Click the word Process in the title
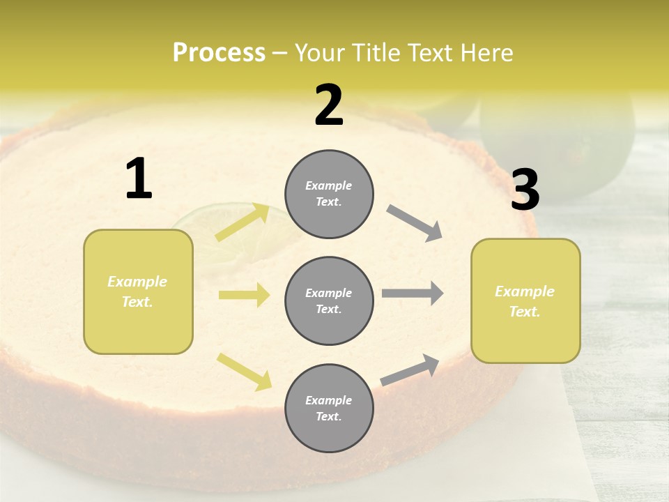tap(219, 53)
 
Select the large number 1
tap(139, 179)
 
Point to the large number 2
tap(329, 105)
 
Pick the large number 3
tap(525, 190)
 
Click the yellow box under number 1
tap(138, 291)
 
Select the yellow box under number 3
tap(525, 301)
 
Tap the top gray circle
tap(329, 194)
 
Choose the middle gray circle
tap(329, 301)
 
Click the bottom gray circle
tap(329, 408)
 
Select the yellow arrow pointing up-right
tap(243, 222)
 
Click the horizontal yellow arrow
tap(244, 295)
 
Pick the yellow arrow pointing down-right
tap(245, 372)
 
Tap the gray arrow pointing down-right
tap(415, 223)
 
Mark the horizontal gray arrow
tap(413, 294)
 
